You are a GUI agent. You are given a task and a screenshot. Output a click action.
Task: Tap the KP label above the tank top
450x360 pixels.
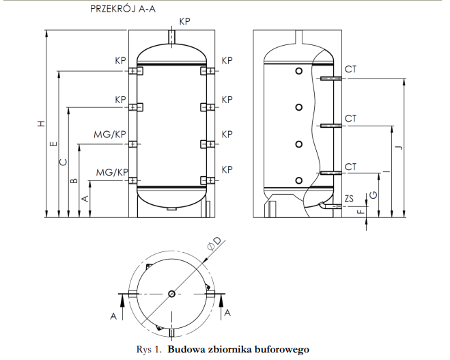point(184,22)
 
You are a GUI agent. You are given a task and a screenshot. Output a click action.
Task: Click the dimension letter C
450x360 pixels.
point(64,162)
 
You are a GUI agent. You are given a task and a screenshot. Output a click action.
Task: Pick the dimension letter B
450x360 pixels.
point(74,181)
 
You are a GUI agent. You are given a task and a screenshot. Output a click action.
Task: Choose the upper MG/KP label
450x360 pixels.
point(110,135)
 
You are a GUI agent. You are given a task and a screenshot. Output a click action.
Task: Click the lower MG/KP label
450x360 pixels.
point(112,171)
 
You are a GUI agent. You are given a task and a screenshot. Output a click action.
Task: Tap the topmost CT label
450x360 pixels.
point(351,70)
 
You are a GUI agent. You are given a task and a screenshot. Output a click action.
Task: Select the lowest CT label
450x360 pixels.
point(351,167)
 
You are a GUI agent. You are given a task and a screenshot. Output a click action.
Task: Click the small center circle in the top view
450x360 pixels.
point(171,294)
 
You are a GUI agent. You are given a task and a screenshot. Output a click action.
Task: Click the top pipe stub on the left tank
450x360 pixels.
point(170,35)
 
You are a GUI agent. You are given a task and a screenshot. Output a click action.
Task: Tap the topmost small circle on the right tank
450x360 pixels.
point(299,71)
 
